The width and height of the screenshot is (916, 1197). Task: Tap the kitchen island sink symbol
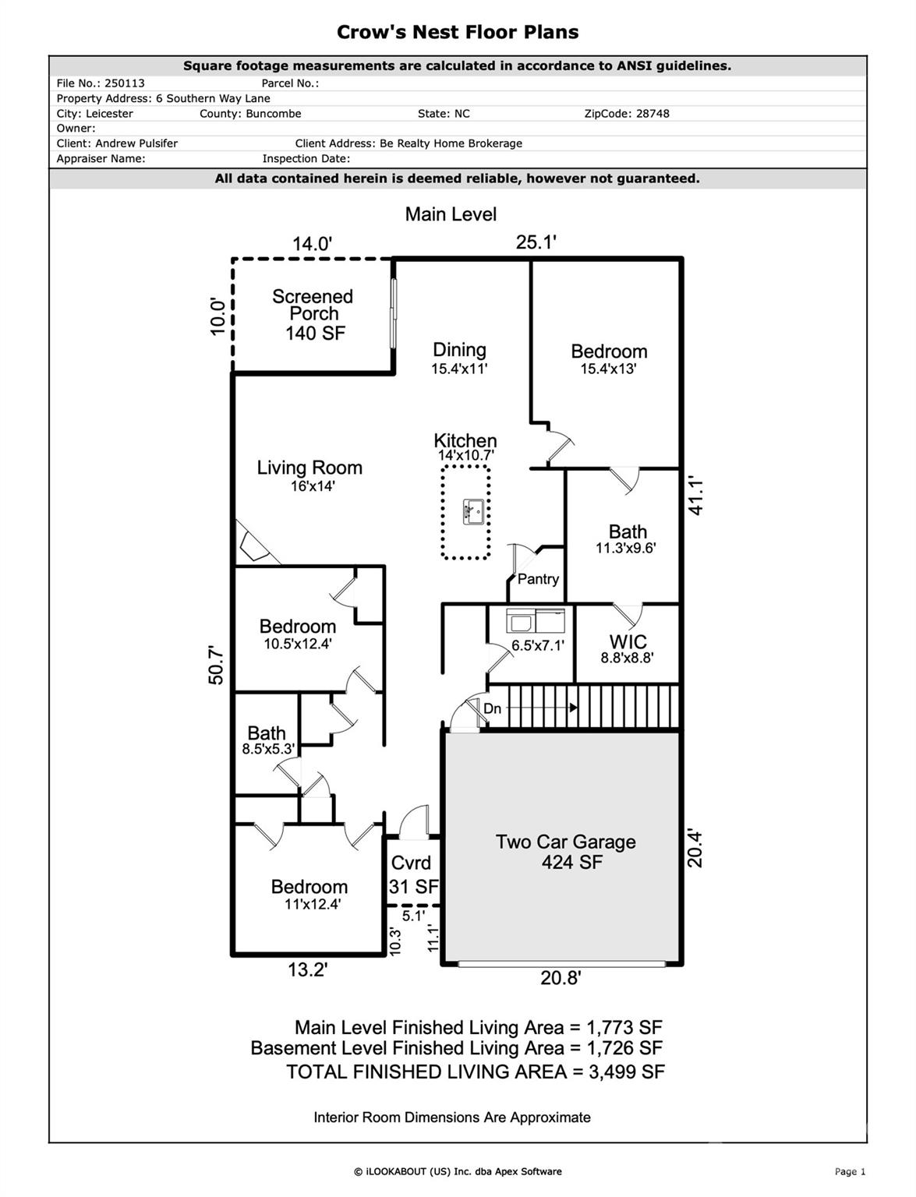point(473,511)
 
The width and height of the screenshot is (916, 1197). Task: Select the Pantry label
point(538,579)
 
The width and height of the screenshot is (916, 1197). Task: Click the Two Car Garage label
point(565,842)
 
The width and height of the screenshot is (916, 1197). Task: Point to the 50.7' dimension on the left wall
point(216,665)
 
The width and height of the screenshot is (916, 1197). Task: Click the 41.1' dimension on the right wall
point(696,497)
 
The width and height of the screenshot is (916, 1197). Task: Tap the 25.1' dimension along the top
point(536,242)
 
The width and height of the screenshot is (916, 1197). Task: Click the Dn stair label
point(492,708)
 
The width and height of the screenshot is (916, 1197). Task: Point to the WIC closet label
point(628,642)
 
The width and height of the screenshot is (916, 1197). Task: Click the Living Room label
point(309,468)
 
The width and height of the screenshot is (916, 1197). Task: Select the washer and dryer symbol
point(536,620)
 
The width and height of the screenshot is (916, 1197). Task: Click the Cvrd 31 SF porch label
point(413,874)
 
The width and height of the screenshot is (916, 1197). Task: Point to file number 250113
point(125,83)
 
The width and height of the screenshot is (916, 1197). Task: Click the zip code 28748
point(649,114)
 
